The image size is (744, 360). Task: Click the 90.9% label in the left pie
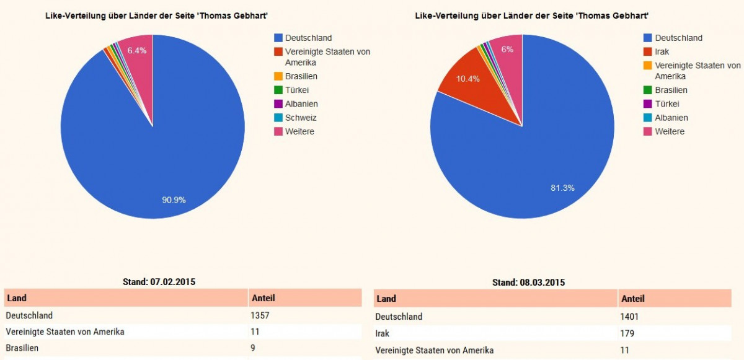pos(174,200)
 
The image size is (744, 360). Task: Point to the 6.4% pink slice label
pos(136,50)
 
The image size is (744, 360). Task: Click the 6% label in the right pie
pos(507,49)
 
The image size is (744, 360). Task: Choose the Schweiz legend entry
pos(301,118)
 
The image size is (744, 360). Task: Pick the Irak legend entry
pos(662,51)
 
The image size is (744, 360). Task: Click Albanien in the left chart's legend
pos(301,104)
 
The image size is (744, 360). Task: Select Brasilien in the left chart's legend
pos(301,76)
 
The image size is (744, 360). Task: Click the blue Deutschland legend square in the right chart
pos(648,38)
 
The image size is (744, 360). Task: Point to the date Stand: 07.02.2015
pos(159,281)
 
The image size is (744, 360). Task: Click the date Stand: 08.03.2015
pos(528,282)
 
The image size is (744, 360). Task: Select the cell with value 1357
pos(260,315)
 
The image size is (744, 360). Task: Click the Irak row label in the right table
pos(383,333)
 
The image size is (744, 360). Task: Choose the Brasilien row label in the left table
pos(22,348)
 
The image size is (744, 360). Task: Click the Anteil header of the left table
pos(263,298)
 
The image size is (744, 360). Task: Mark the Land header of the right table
pos(386,299)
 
